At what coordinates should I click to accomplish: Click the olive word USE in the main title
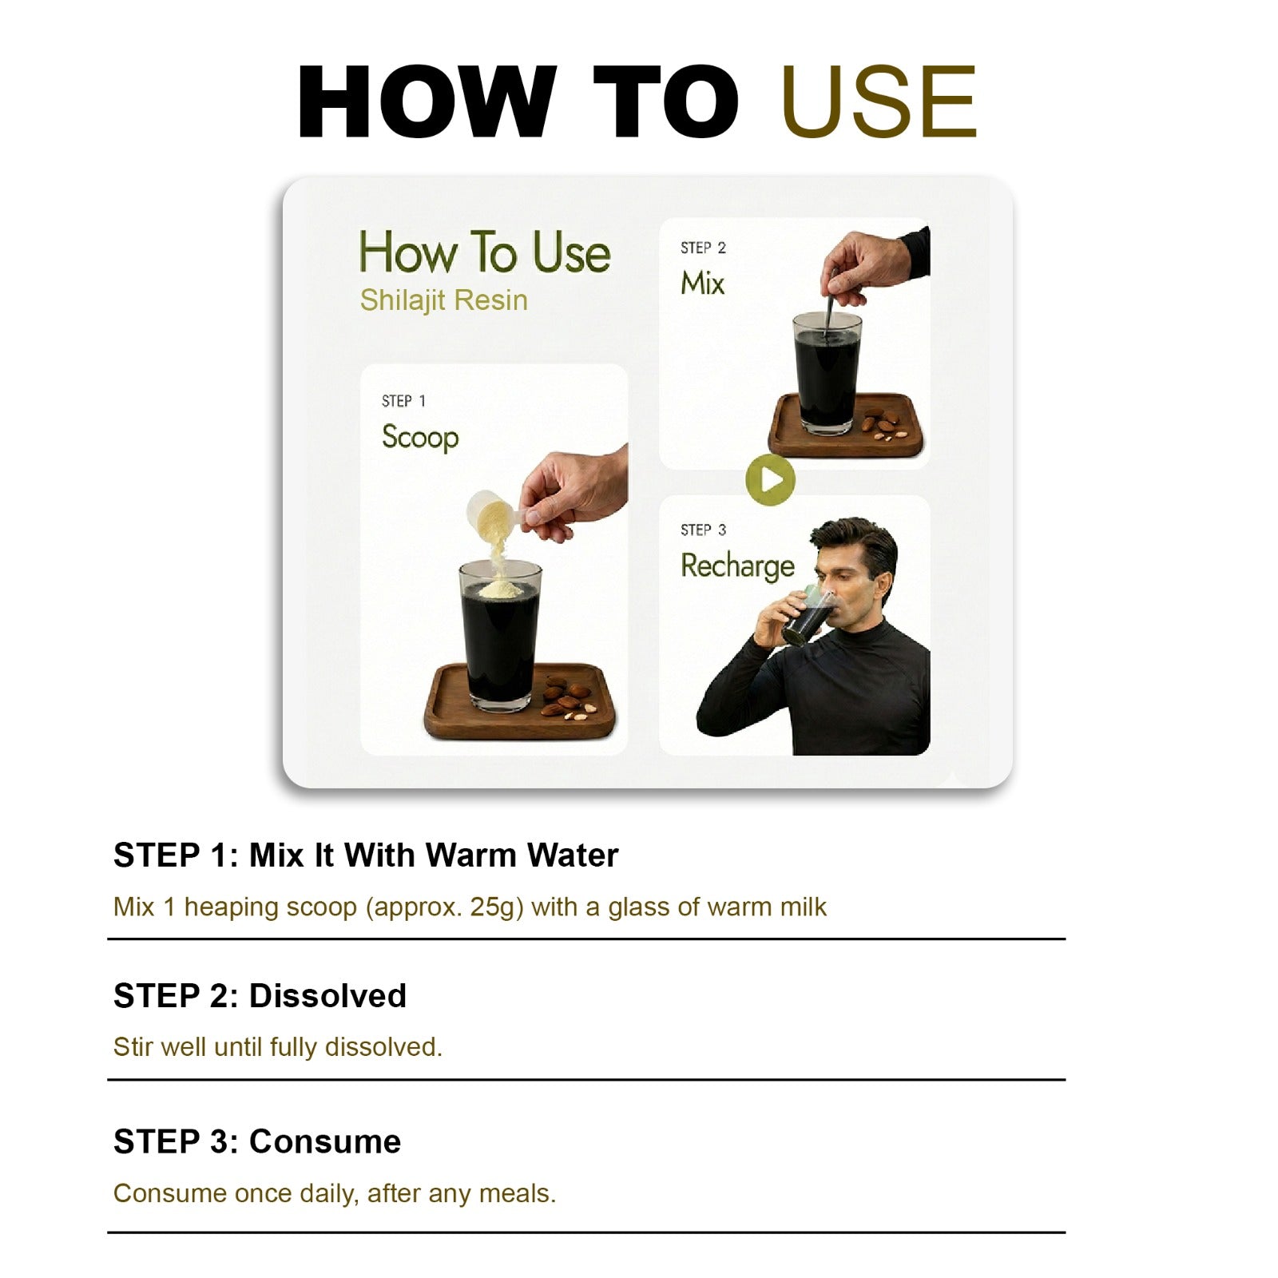tap(879, 101)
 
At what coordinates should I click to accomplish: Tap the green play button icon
tap(770, 479)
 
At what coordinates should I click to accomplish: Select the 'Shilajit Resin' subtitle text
tap(443, 300)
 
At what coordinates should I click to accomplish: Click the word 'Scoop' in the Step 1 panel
tap(420, 437)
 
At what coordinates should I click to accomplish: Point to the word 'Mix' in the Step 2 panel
tap(702, 283)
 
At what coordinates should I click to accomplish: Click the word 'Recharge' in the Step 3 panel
tap(737, 566)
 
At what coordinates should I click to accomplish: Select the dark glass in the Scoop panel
tap(500, 636)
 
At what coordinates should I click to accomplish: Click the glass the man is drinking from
tap(808, 615)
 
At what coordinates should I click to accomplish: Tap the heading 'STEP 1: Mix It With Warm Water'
tap(366, 855)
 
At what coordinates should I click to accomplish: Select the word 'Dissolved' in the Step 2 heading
tap(327, 996)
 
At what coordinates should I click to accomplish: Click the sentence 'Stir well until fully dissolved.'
tap(278, 1047)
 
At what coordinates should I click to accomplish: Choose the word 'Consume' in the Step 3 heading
tap(325, 1142)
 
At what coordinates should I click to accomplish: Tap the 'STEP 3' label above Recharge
tap(704, 530)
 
